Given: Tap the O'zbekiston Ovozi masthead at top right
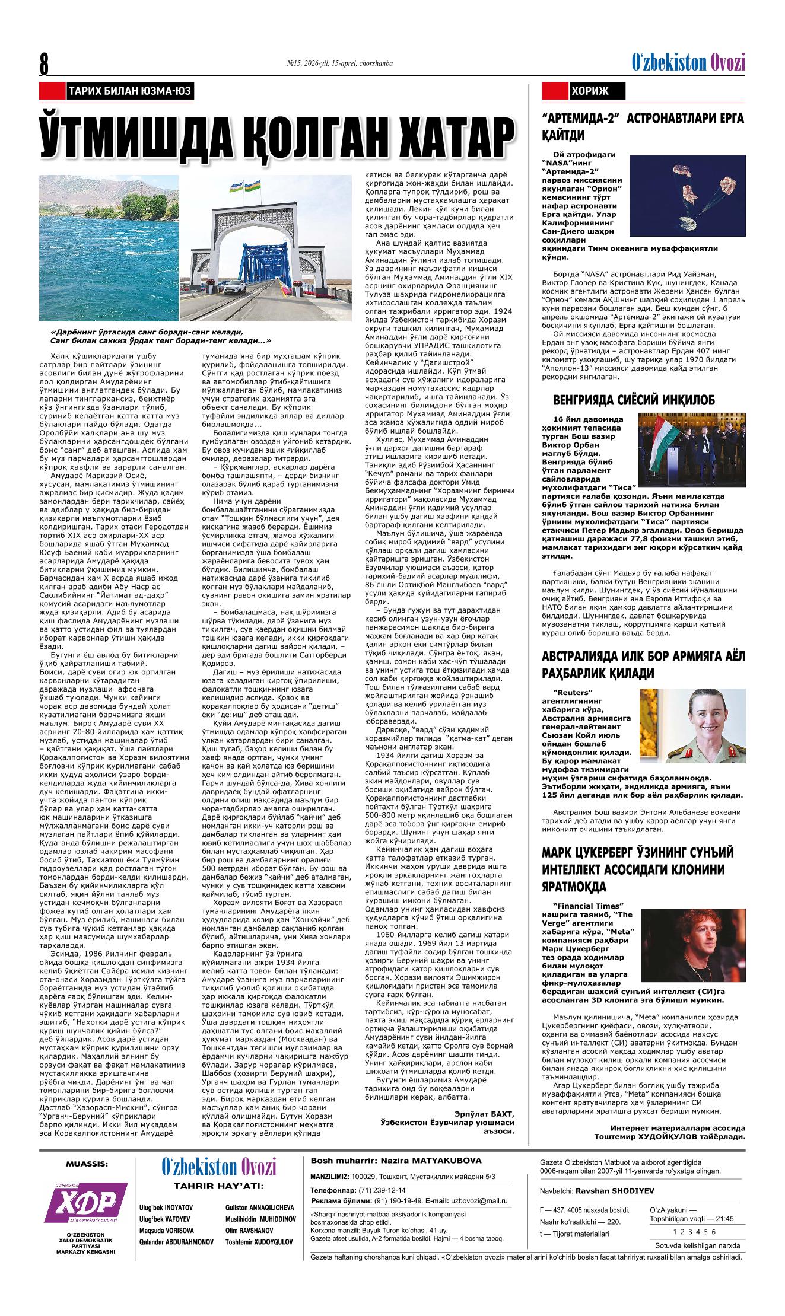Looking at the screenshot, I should click(x=688, y=62).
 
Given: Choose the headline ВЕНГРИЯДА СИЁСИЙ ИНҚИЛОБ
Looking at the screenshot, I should click(x=633, y=399).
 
